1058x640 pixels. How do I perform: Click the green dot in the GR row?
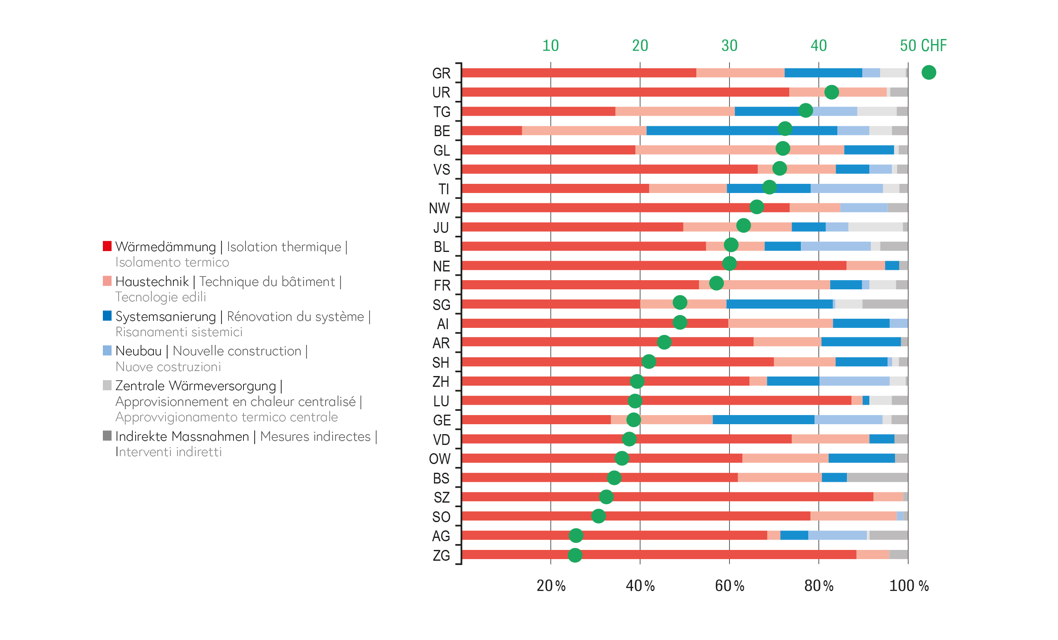coord(928,72)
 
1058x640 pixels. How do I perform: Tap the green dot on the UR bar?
coord(831,92)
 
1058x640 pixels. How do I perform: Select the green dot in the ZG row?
coord(575,555)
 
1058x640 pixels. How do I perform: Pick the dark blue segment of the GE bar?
coord(763,420)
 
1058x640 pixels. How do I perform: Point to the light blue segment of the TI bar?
coord(846,188)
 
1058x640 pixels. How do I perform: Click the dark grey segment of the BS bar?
coord(877,477)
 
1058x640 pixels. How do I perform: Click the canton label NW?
coord(439,208)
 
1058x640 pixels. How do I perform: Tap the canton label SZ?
coord(441,497)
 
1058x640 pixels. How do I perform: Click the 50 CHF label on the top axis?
coord(923,46)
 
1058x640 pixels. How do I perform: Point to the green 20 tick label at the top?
coord(640,46)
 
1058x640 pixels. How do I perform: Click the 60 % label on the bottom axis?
coord(729,585)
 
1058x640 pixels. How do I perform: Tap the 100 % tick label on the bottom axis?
coord(909,585)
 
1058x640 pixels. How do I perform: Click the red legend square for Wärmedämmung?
coord(107,246)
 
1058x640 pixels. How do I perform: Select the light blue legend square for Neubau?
coord(107,350)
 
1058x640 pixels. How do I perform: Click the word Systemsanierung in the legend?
coord(165,316)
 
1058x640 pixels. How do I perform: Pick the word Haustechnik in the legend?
coord(152,281)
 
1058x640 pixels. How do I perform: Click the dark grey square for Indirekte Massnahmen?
coord(107,435)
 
